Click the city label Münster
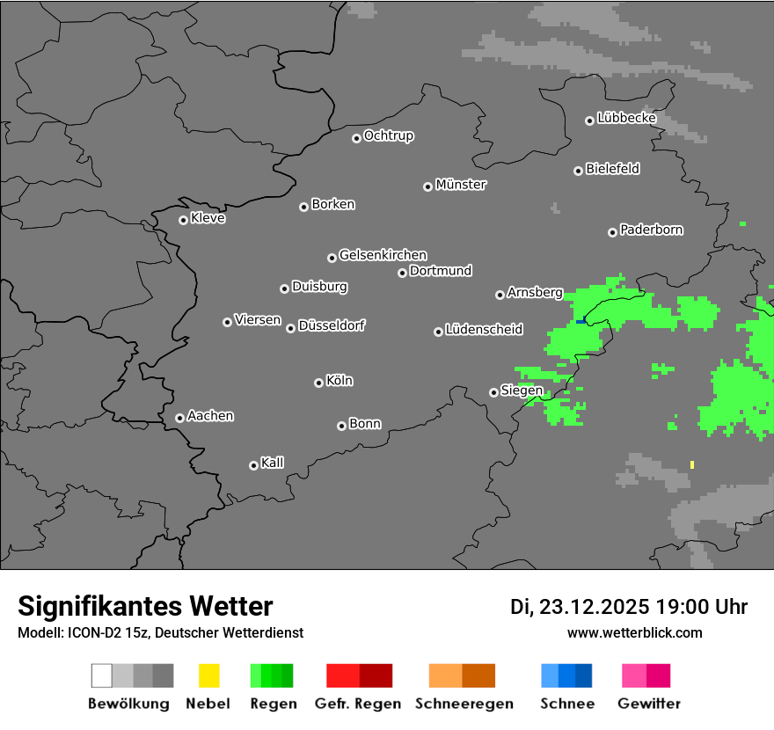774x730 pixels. [x=461, y=185]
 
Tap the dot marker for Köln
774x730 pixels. [x=318, y=383]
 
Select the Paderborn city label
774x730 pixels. [x=652, y=230]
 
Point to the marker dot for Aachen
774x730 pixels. [x=179, y=418]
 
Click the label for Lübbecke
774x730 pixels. [x=627, y=118]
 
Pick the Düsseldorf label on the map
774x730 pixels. [x=332, y=325]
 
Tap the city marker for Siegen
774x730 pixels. [x=493, y=392]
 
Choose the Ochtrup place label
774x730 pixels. [x=389, y=136]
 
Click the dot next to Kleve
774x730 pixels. [x=183, y=220]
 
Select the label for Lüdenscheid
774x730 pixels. [x=484, y=330]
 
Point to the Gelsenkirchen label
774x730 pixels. [x=383, y=255]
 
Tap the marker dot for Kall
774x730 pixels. [x=253, y=465]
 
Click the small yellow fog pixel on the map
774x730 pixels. [x=692, y=464]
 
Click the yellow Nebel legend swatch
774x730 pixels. [x=208, y=675]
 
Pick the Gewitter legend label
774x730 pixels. [x=649, y=704]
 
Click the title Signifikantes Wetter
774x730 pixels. [x=145, y=606]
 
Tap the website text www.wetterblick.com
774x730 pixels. [x=635, y=632]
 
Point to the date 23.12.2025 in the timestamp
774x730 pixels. [x=594, y=607]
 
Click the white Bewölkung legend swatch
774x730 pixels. [x=101, y=675]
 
